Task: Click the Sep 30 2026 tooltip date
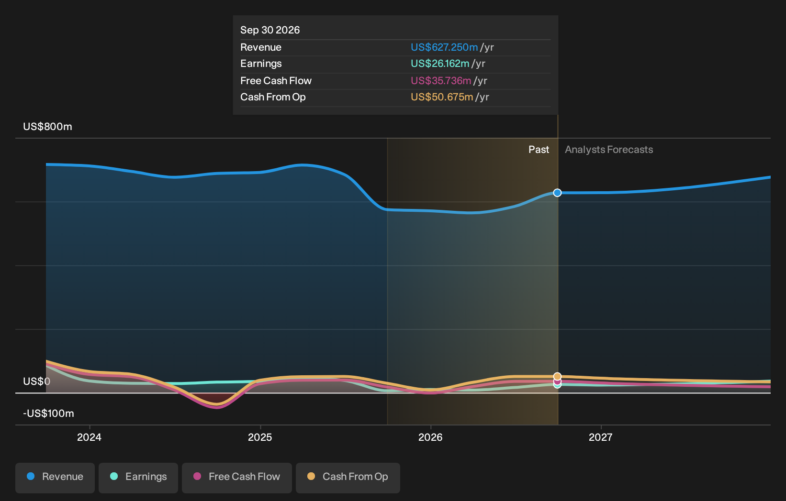[x=270, y=30]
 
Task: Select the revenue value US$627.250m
[x=444, y=47]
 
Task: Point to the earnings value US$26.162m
[x=440, y=64]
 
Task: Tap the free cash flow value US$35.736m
[x=441, y=81]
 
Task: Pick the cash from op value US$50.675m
[x=442, y=97]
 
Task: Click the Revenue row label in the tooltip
[x=261, y=47]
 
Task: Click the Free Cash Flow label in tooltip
[x=276, y=81]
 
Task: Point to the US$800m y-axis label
[x=48, y=127]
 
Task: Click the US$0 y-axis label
[x=36, y=381]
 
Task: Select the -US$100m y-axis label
[x=48, y=414]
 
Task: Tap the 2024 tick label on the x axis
[x=89, y=437]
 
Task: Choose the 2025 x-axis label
[x=260, y=437]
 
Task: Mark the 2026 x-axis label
[x=430, y=437]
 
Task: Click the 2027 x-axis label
[x=601, y=437]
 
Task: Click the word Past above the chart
[x=539, y=150]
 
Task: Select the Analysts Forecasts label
[x=609, y=150]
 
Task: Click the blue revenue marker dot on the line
[x=557, y=193]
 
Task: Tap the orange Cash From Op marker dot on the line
[x=557, y=377]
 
